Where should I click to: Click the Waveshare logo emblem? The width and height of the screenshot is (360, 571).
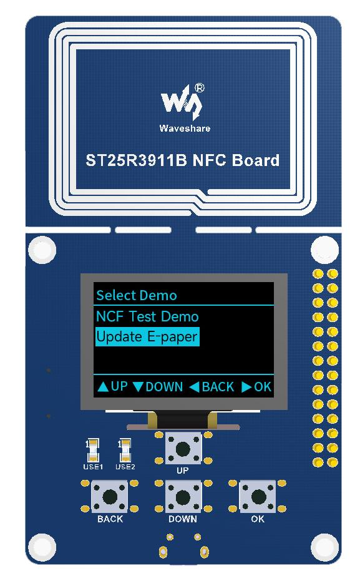pyautogui.click(x=181, y=102)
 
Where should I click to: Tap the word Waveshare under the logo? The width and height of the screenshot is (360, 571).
pyautogui.click(x=185, y=128)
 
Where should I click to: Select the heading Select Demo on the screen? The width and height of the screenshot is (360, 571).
pyautogui.click(x=137, y=295)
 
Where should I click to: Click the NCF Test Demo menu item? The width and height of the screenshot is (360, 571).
pyautogui.click(x=147, y=316)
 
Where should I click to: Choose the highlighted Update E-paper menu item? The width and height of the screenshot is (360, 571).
pyautogui.click(x=147, y=337)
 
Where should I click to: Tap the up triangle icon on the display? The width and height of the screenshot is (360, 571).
pyautogui.click(x=103, y=387)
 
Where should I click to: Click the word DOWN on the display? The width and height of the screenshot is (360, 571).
pyautogui.click(x=164, y=386)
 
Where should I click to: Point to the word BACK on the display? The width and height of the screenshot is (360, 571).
pyautogui.click(x=218, y=386)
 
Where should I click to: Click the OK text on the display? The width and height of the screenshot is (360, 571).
pyautogui.click(x=263, y=386)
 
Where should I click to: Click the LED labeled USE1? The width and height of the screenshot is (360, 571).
pyautogui.click(x=93, y=451)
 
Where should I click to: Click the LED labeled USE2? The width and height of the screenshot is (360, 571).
pyautogui.click(x=125, y=451)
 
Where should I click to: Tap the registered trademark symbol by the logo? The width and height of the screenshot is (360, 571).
pyautogui.click(x=200, y=88)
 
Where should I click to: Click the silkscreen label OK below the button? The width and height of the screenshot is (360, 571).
pyautogui.click(x=258, y=519)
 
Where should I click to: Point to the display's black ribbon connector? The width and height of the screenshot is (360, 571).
pyautogui.click(x=183, y=419)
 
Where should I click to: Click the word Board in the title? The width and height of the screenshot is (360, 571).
pyautogui.click(x=256, y=160)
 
